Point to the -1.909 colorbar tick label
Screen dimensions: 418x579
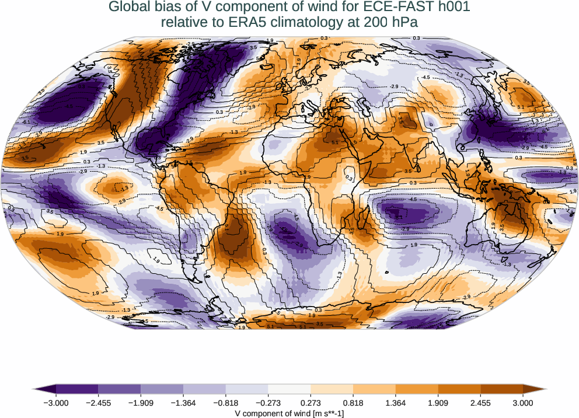click(x=141, y=403)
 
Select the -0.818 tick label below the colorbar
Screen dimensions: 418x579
click(x=225, y=403)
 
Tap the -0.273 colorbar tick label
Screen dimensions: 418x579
click(x=268, y=403)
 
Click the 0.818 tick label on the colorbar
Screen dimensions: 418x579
click(x=353, y=403)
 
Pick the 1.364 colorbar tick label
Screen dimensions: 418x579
click(x=396, y=403)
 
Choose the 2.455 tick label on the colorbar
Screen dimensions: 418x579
click(x=480, y=403)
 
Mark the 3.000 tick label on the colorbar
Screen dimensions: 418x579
click(x=523, y=403)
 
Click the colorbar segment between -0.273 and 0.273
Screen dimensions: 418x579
click(x=289, y=389)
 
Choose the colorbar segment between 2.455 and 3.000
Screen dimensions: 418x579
click(x=501, y=389)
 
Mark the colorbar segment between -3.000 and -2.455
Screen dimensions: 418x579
click(x=76, y=389)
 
